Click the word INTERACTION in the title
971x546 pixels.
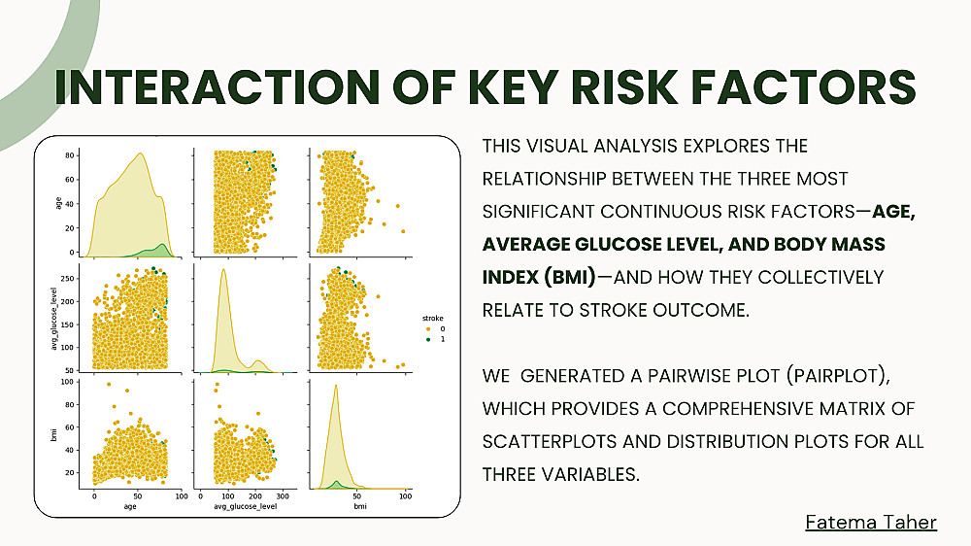pos(217,86)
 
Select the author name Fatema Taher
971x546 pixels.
pos(871,522)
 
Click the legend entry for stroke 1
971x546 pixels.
pos(435,339)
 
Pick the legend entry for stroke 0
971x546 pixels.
pos(435,328)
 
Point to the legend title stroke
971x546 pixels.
pos(433,318)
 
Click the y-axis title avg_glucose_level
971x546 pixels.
pos(53,319)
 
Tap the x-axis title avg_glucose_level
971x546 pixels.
pos(246,506)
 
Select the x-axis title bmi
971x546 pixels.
pos(360,506)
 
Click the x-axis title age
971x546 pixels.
pos(130,506)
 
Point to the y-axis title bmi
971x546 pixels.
pos(53,434)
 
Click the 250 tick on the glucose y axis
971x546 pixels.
pos(68,279)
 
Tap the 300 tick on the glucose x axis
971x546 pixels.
pos(283,496)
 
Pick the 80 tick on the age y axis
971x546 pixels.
pos(70,154)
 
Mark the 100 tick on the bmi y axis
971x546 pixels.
pos(68,382)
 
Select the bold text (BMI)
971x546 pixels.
pos(570,277)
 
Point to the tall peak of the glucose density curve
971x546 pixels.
pos(223,269)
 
